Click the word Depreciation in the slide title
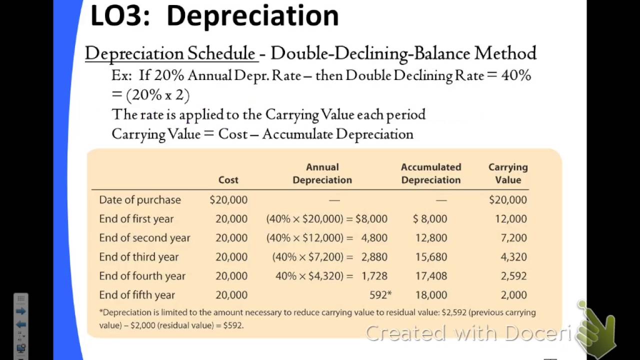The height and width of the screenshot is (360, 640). point(252,16)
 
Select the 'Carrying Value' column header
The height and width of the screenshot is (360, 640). point(508,173)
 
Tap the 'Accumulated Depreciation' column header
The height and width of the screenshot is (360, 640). point(431,173)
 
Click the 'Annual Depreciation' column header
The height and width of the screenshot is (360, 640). point(322,173)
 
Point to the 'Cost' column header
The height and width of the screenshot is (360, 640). point(228,180)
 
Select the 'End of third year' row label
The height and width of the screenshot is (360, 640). point(138,257)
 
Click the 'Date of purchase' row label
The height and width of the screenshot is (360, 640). point(140,200)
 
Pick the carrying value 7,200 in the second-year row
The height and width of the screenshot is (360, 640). point(513,238)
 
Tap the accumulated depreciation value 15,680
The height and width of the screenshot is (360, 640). point(431,257)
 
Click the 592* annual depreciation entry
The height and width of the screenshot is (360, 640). point(380,295)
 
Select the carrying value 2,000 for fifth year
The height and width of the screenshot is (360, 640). point(513,295)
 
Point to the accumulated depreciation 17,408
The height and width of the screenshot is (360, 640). point(431,276)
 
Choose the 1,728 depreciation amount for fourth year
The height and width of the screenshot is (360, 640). point(374,276)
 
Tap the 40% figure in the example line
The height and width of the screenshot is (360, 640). point(516,75)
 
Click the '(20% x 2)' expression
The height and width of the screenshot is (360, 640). point(158,95)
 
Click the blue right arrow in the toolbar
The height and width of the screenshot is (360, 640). point(21,311)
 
